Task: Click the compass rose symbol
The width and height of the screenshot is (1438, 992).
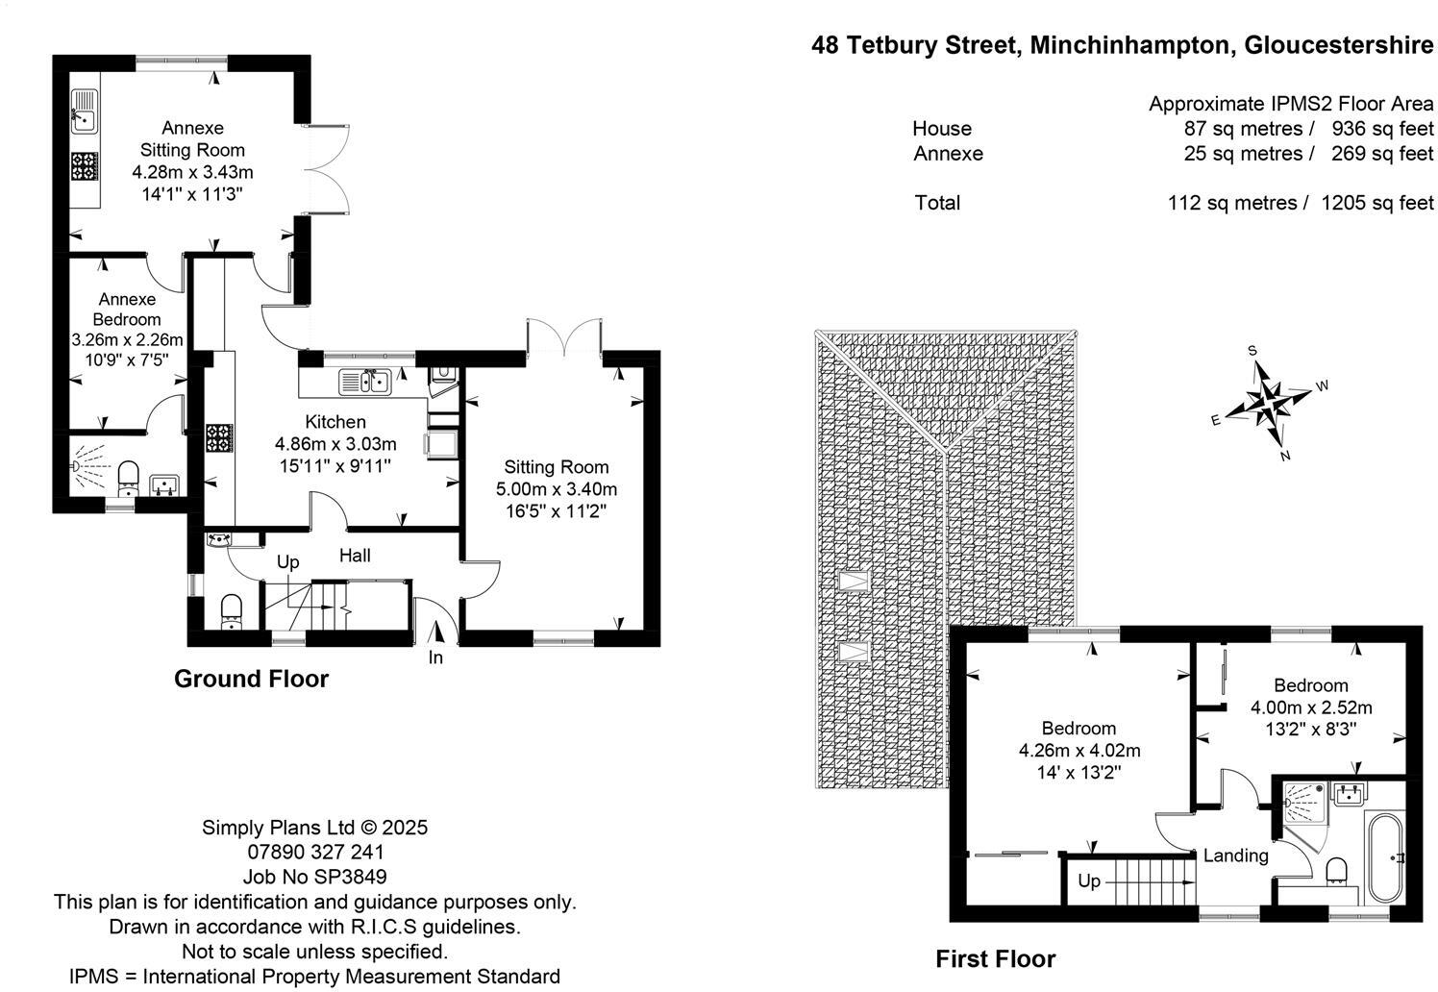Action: tap(1269, 402)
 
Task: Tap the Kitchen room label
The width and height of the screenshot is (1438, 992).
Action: tap(335, 422)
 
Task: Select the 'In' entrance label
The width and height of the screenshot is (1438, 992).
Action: tap(435, 657)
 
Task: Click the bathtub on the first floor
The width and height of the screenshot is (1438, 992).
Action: tap(1384, 856)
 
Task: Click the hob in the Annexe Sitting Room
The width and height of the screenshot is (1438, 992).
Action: tap(85, 166)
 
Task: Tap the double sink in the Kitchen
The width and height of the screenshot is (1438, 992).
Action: tap(364, 382)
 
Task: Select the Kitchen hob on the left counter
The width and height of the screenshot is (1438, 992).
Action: tap(219, 438)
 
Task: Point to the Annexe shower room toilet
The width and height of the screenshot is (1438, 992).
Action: tap(129, 476)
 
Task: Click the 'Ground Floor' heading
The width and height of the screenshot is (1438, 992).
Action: tap(251, 679)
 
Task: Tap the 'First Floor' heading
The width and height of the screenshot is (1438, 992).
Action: tap(995, 958)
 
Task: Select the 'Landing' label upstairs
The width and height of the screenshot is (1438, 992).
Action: tap(1235, 856)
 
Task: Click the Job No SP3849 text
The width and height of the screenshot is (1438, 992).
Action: tap(314, 877)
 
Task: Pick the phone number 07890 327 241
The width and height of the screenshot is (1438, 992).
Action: tap(314, 852)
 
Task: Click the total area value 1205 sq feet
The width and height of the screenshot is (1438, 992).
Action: tap(1376, 203)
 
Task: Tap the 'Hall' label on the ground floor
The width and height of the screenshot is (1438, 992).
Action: tap(355, 556)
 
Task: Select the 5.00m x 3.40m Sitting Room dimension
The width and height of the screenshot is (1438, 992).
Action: tap(556, 489)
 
